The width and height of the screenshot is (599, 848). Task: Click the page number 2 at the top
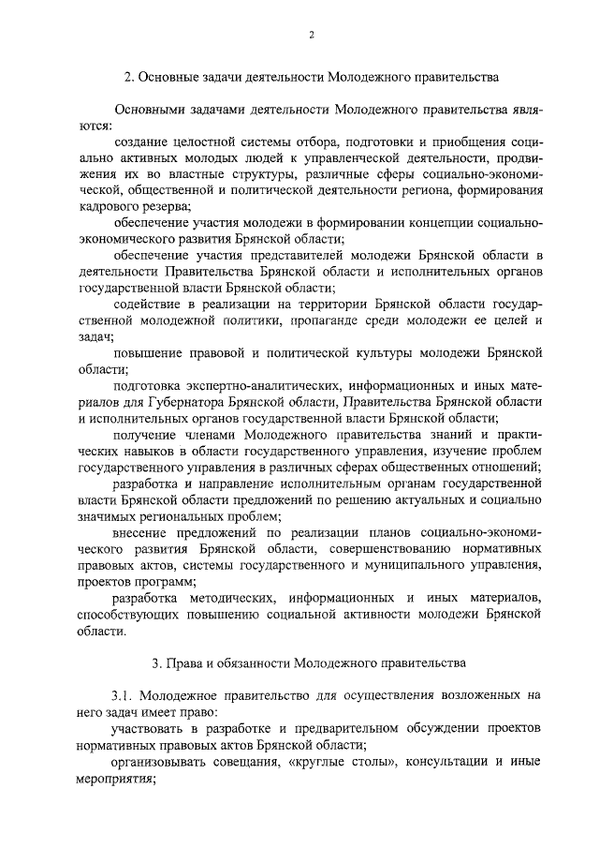click(x=311, y=36)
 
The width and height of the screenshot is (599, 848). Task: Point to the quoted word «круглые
click(x=322, y=763)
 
